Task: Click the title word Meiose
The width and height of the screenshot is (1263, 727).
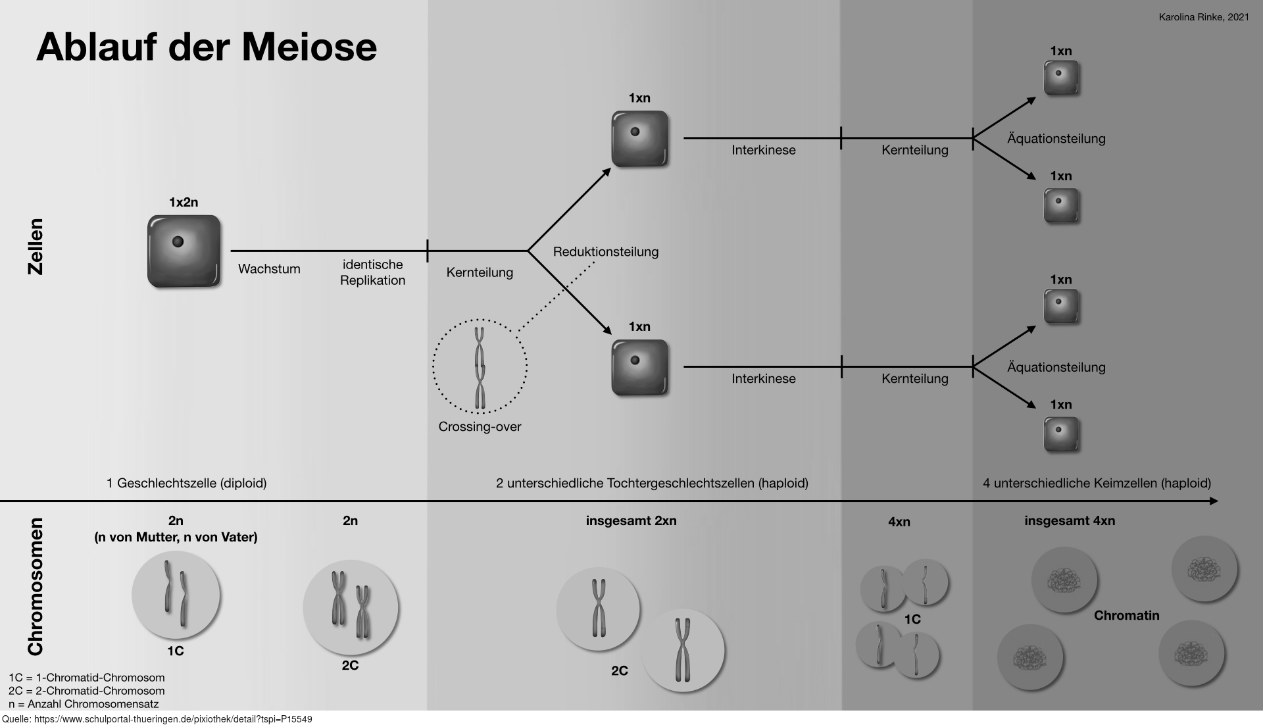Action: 309,47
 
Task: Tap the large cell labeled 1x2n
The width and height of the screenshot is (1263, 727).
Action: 184,251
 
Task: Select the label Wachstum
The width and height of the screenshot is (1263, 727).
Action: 269,269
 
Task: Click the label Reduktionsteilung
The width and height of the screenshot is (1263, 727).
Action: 606,252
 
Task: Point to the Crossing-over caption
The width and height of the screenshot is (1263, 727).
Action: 480,427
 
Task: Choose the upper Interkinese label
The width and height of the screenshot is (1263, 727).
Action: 764,150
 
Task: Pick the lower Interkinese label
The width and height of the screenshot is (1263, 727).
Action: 764,379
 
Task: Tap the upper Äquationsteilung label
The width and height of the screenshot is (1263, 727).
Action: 1056,139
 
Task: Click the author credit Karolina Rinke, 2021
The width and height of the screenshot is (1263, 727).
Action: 1204,18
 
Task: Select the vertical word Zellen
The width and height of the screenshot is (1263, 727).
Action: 35,247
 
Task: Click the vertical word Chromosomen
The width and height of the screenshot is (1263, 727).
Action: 35,587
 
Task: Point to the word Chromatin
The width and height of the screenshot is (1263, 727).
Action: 1127,616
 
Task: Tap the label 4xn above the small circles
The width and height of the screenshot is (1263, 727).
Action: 899,522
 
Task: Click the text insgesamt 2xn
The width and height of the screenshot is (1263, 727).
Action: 631,521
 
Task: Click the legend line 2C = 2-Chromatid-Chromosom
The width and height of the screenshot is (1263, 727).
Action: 87,691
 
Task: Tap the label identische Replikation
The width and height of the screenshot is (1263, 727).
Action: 372,272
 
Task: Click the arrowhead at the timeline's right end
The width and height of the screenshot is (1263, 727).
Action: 1214,501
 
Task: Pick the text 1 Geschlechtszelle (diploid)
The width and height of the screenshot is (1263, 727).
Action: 187,484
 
